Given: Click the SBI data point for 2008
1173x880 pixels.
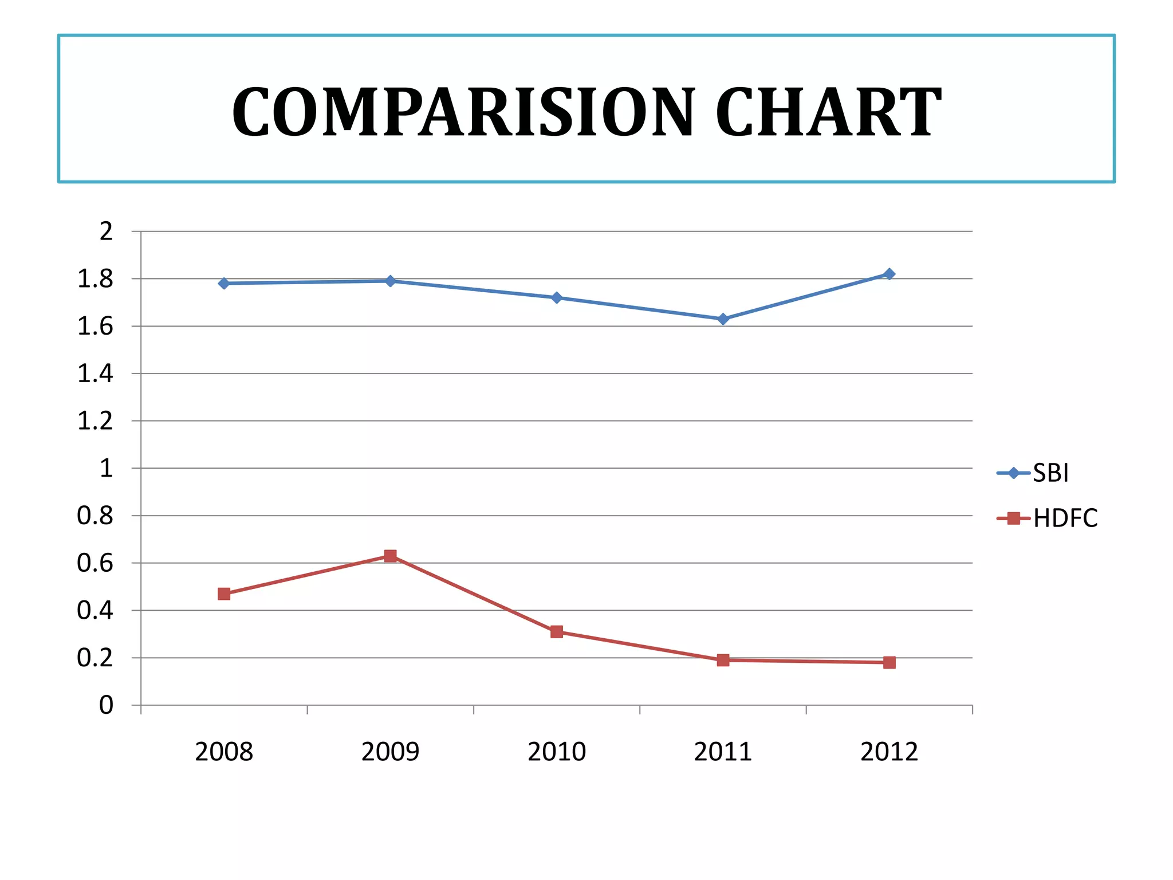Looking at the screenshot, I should (x=224, y=283).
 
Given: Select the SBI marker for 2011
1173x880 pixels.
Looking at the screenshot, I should (x=723, y=319).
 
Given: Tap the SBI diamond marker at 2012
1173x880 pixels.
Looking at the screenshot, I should (x=889, y=274).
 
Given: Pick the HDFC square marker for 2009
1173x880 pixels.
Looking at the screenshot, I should (x=391, y=556).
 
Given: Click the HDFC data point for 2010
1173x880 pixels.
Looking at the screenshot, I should (x=557, y=632).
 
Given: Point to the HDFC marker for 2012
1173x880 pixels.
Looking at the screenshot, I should (x=889, y=662).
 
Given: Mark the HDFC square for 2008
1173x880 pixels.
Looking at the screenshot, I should (x=224, y=594).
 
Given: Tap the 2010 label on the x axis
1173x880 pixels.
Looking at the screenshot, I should (x=557, y=752).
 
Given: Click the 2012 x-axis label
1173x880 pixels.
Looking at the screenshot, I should (x=889, y=752).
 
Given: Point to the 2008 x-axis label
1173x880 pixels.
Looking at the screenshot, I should (x=224, y=752).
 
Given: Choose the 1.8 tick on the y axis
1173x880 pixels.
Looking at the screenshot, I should (x=95, y=279).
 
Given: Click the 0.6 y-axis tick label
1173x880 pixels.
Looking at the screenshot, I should (x=95, y=563).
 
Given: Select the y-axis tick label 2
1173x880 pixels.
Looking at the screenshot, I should (x=106, y=231).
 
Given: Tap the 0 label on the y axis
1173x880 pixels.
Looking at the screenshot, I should (x=106, y=705).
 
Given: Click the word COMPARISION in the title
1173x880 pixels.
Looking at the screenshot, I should (x=464, y=112).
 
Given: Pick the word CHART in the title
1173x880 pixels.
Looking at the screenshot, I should (x=828, y=112).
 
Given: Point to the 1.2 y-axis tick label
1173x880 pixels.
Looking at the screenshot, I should (x=95, y=421).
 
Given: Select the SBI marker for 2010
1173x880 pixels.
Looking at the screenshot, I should (x=557, y=297).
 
